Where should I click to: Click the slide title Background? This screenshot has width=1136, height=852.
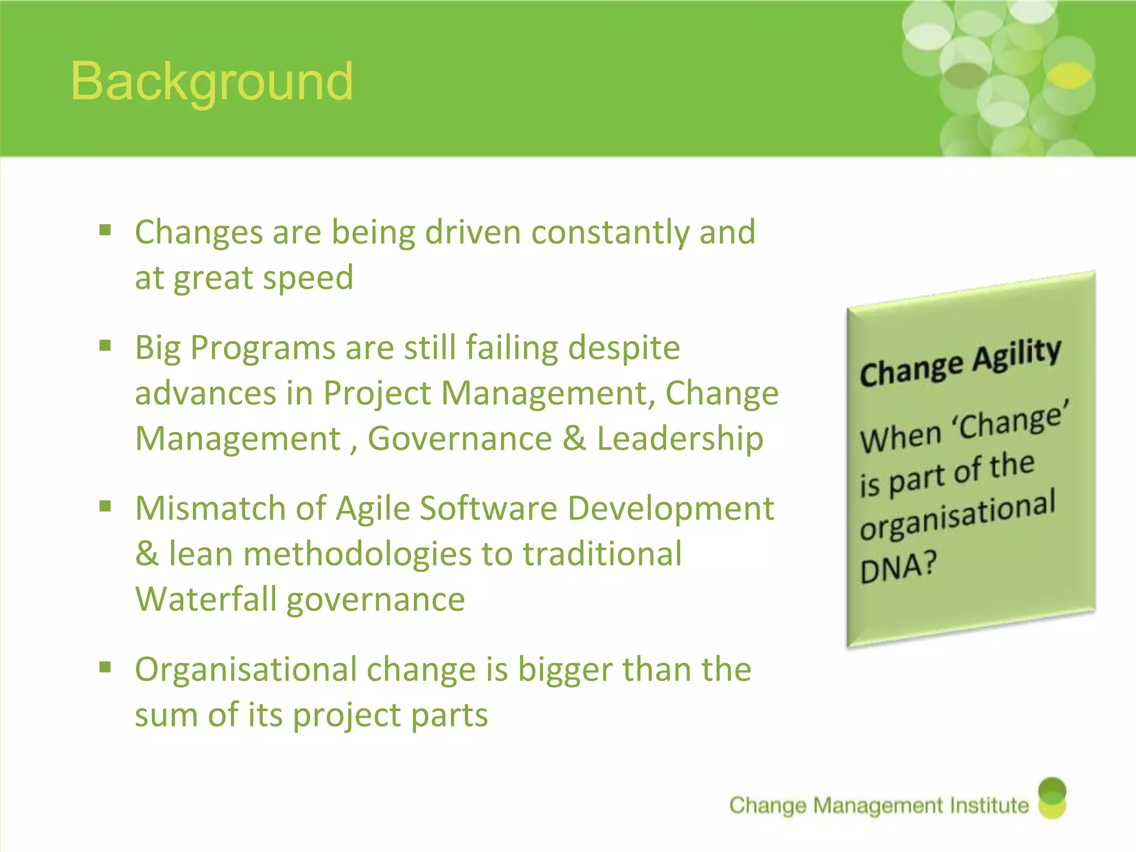pos(212,82)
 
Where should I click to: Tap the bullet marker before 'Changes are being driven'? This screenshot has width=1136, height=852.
pos(105,230)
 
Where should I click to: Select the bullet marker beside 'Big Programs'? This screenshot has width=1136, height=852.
pos(105,346)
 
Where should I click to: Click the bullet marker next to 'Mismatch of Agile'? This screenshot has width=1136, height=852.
pos(105,506)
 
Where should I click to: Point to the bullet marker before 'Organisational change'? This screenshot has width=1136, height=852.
pos(105,667)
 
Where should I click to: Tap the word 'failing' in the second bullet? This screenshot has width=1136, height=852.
pos(510,348)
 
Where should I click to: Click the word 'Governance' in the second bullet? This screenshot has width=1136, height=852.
pos(460,439)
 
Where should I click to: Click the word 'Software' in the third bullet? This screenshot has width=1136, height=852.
pos(488,509)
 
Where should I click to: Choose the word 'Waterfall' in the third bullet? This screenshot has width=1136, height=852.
pos(206,600)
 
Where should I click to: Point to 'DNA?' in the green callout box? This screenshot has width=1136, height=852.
pos(898,567)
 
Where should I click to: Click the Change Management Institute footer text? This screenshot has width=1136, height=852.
pos(879,805)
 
